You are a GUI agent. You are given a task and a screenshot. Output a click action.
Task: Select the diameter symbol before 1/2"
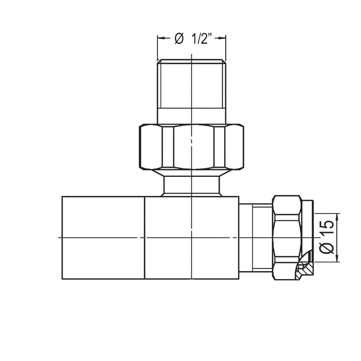click(179, 39)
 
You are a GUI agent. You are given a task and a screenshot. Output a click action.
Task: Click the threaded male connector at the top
click(191, 85)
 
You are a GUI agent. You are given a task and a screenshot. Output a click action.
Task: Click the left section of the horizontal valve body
click(103, 238)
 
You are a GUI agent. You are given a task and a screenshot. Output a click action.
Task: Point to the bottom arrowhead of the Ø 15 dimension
click(338, 258)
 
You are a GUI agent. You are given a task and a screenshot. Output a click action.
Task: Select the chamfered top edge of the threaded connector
click(191, 61)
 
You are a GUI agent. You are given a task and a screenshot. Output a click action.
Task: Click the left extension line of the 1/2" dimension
click(157, 47)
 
